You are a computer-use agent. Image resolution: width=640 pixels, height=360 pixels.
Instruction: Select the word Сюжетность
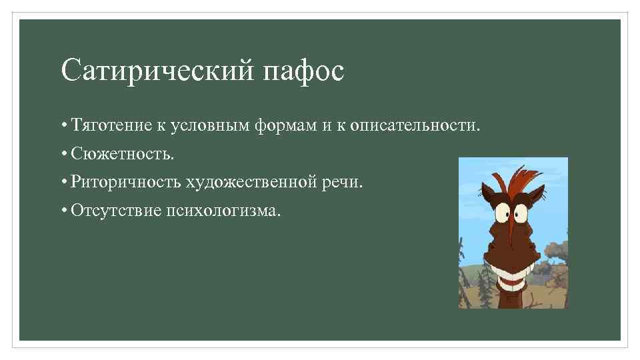[x=123, y=154]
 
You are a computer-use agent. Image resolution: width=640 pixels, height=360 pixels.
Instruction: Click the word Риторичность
[x=126, y=182]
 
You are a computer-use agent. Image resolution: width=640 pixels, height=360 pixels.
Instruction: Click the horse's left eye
[x=502, y=212]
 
